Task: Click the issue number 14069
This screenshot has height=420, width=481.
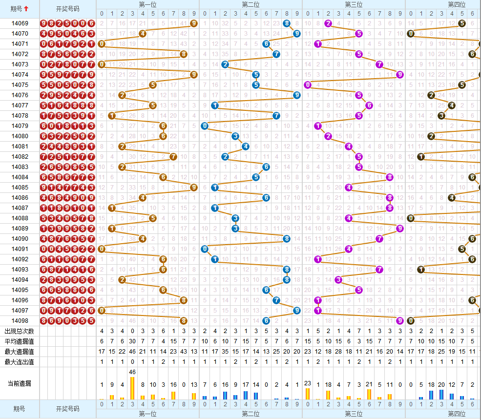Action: tap(20, 23)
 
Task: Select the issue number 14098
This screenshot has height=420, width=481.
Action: tap(20, 321)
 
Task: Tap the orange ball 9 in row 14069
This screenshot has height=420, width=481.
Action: tap(194, 23)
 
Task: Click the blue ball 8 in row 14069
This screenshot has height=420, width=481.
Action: tap(287, 23)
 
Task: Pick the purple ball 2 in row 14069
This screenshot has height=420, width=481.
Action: tap(328, 23)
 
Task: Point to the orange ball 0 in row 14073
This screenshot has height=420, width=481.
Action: tap(102, 64)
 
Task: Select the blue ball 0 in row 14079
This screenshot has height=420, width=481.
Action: tap(205, 126)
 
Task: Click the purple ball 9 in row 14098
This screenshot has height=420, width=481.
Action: tap(400, 321)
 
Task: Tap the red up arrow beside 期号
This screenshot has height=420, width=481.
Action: tap(26, 9)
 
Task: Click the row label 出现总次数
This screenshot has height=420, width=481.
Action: tap(20, 331)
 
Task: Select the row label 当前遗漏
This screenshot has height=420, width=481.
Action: tap(20, 383)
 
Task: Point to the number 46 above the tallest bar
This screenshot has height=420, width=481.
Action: tap(132, 372)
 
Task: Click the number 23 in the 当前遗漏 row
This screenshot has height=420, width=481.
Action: tap(308, 383)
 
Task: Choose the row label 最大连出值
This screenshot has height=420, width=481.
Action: tap(20, 362)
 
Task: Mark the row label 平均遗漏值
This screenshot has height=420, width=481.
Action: tap(20, 341)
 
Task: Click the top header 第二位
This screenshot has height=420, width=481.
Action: tap(251, 4)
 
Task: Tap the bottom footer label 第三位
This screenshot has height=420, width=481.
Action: tap(354, 414)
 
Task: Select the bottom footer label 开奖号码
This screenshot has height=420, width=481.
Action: tap(67, 409)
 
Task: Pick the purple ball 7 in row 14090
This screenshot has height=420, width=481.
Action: tap(379, 239)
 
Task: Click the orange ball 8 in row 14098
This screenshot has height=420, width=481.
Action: tap(184, 321)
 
